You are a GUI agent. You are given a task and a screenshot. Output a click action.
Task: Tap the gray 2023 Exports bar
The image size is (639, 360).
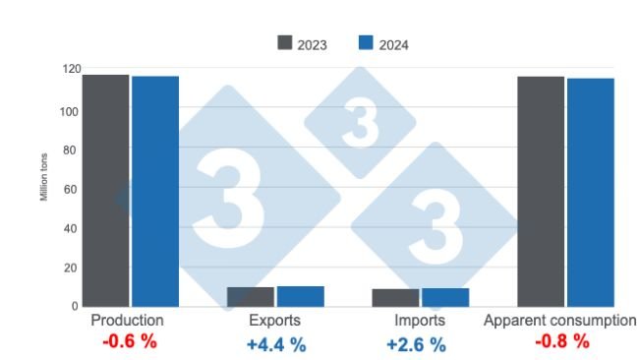point(251,297)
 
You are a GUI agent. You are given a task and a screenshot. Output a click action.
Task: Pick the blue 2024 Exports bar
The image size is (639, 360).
point(300,296)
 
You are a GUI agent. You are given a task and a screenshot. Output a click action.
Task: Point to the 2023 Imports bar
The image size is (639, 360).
point(395,297)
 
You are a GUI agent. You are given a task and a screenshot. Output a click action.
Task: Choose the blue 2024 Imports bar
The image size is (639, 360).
point(445,297)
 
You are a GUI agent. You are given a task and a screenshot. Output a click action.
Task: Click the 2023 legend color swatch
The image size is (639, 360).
point(286,43)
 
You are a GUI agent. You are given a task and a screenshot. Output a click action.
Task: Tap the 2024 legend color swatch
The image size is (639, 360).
point(366,43)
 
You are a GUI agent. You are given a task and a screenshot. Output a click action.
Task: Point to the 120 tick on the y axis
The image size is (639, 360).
point(68,70)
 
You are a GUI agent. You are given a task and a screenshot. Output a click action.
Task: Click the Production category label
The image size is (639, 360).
point(127,322)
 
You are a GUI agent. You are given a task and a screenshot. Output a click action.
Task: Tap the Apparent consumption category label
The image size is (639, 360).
point(560,322)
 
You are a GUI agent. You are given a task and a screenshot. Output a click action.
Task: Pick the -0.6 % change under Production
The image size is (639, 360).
point(130,342)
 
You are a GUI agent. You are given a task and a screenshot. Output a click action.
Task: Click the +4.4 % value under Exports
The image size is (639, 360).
point(276,344)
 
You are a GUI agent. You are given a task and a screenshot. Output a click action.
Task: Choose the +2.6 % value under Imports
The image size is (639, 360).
point(416,344)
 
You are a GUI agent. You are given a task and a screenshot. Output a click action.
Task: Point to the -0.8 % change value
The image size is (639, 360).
point(561,342)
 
